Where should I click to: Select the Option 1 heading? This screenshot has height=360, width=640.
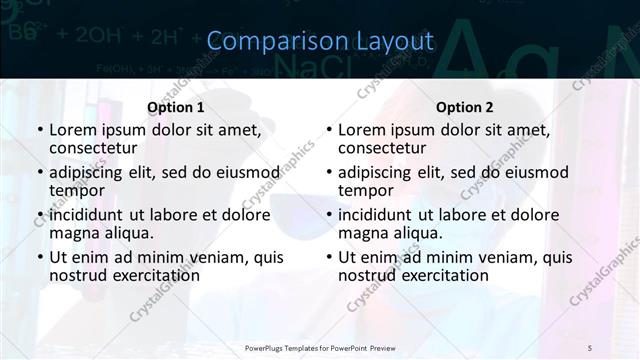176,107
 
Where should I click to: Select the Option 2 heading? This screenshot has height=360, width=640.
465,107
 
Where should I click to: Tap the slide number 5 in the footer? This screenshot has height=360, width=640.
589,347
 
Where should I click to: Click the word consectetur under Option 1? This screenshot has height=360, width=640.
93,149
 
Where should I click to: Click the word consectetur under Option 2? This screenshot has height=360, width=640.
382,149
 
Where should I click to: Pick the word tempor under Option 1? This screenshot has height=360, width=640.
74,191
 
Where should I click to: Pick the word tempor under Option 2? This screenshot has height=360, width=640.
363,191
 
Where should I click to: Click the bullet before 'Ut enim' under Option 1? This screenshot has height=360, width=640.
40,257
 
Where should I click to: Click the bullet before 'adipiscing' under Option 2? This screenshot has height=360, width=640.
329,173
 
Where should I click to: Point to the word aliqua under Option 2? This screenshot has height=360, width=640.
418,233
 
